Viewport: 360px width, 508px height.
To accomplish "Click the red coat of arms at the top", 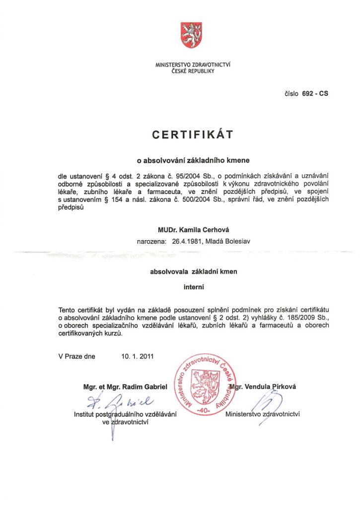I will click(x=191, y=35).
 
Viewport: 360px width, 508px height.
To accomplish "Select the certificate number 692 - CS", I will click(x=315, y=93).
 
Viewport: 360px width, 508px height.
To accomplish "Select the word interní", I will click(x=194, y=286).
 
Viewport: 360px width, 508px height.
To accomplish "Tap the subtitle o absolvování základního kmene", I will click(x=193, y=161).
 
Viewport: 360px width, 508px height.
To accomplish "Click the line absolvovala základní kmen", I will click(x=194, y=271).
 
